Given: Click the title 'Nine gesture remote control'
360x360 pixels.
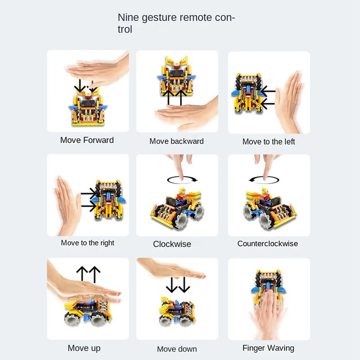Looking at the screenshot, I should click(176, 23).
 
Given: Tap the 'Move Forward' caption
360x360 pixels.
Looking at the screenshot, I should click(87, 140).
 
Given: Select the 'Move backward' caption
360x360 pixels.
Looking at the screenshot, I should click(176, 141).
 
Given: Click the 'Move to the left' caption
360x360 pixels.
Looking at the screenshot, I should click(269, 142).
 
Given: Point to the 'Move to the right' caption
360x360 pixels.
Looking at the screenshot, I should click(87, 243).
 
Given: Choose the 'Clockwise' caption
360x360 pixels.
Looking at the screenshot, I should click(172, 244).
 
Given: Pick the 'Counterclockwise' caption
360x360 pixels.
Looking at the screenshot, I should click(267, 243).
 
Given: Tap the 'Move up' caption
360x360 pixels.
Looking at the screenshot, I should click(84, 348).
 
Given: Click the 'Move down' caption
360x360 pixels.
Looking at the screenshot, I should click(176, 349).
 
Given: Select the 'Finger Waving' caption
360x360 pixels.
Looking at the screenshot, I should click(268, 348).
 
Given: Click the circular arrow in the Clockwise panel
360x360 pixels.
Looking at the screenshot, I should click(182, 180).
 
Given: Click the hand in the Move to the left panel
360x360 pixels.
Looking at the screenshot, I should click(289, 101).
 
